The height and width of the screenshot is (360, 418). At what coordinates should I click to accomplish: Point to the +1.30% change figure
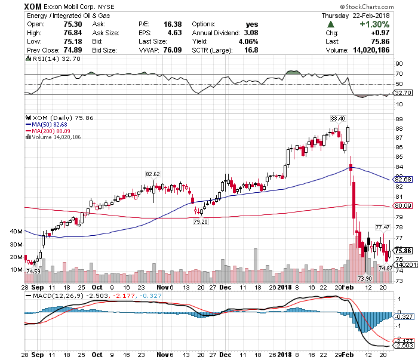(375, 24)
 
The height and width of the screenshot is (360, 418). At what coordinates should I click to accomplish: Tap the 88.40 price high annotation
(338, 119)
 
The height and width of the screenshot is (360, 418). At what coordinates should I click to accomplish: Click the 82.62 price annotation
(153, 174)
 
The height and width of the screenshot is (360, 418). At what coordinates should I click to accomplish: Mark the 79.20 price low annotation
(199, 221)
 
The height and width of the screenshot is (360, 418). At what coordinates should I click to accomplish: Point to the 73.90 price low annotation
(364, 278)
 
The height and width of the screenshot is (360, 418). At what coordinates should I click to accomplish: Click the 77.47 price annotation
(382, 227)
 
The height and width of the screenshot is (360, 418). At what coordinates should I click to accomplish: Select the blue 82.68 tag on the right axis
(404, 179)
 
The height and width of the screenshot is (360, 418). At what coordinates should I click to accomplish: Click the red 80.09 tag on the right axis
(404, 205)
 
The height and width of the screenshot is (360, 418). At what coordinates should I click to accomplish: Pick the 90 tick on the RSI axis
(399, 63)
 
